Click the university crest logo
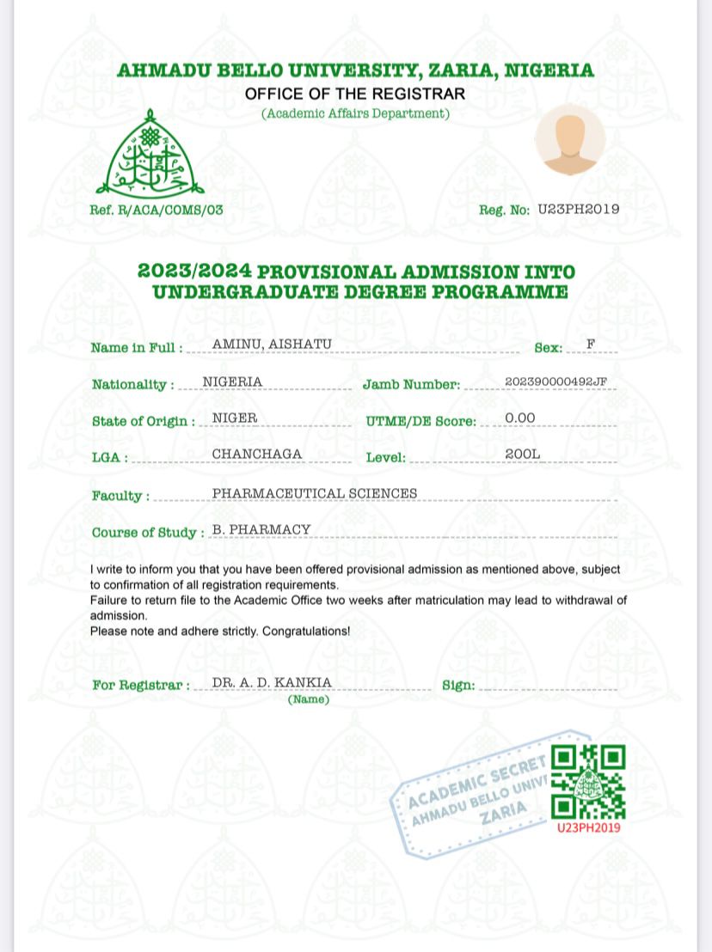pos(150,155)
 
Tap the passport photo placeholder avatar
pos(570,139)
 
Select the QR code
pos(587,782)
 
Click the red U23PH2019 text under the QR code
pos(588,827)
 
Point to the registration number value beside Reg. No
pos(578,209)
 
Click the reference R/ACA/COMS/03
pos(156,210)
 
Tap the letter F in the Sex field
pos(591,345)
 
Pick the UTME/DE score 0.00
pos(520,418)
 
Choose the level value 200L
pos(523,455)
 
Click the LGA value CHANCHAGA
pos(257,455)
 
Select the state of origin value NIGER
pos(235,418)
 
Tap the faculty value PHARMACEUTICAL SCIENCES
pos(315,493)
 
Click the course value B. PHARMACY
pos(261,529)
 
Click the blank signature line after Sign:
pos(548,687)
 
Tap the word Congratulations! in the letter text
pos(306,631)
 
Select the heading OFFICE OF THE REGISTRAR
pos(355,94)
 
